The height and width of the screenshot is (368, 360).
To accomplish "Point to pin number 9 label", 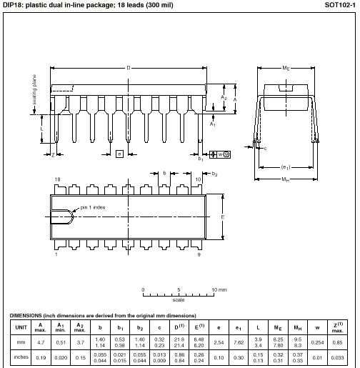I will (x=198, y=254).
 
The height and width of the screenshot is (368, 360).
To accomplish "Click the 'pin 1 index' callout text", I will (x=94, y=207).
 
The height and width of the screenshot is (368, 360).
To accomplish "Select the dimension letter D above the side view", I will (x=129, y=68).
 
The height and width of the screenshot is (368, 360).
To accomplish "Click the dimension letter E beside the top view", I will (x=223, y=217).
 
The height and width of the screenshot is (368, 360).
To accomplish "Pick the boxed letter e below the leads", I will (x=119, y=154).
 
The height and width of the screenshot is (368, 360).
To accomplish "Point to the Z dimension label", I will (x=53, y=154).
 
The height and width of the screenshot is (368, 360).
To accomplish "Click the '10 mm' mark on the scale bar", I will (x=219, y=289).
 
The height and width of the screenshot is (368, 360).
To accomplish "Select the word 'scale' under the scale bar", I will (x=179, y=300).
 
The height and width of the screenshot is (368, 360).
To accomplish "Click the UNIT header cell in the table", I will (x=19, y=327).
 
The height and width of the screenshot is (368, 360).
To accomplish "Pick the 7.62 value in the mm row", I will (x=238, y=342).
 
